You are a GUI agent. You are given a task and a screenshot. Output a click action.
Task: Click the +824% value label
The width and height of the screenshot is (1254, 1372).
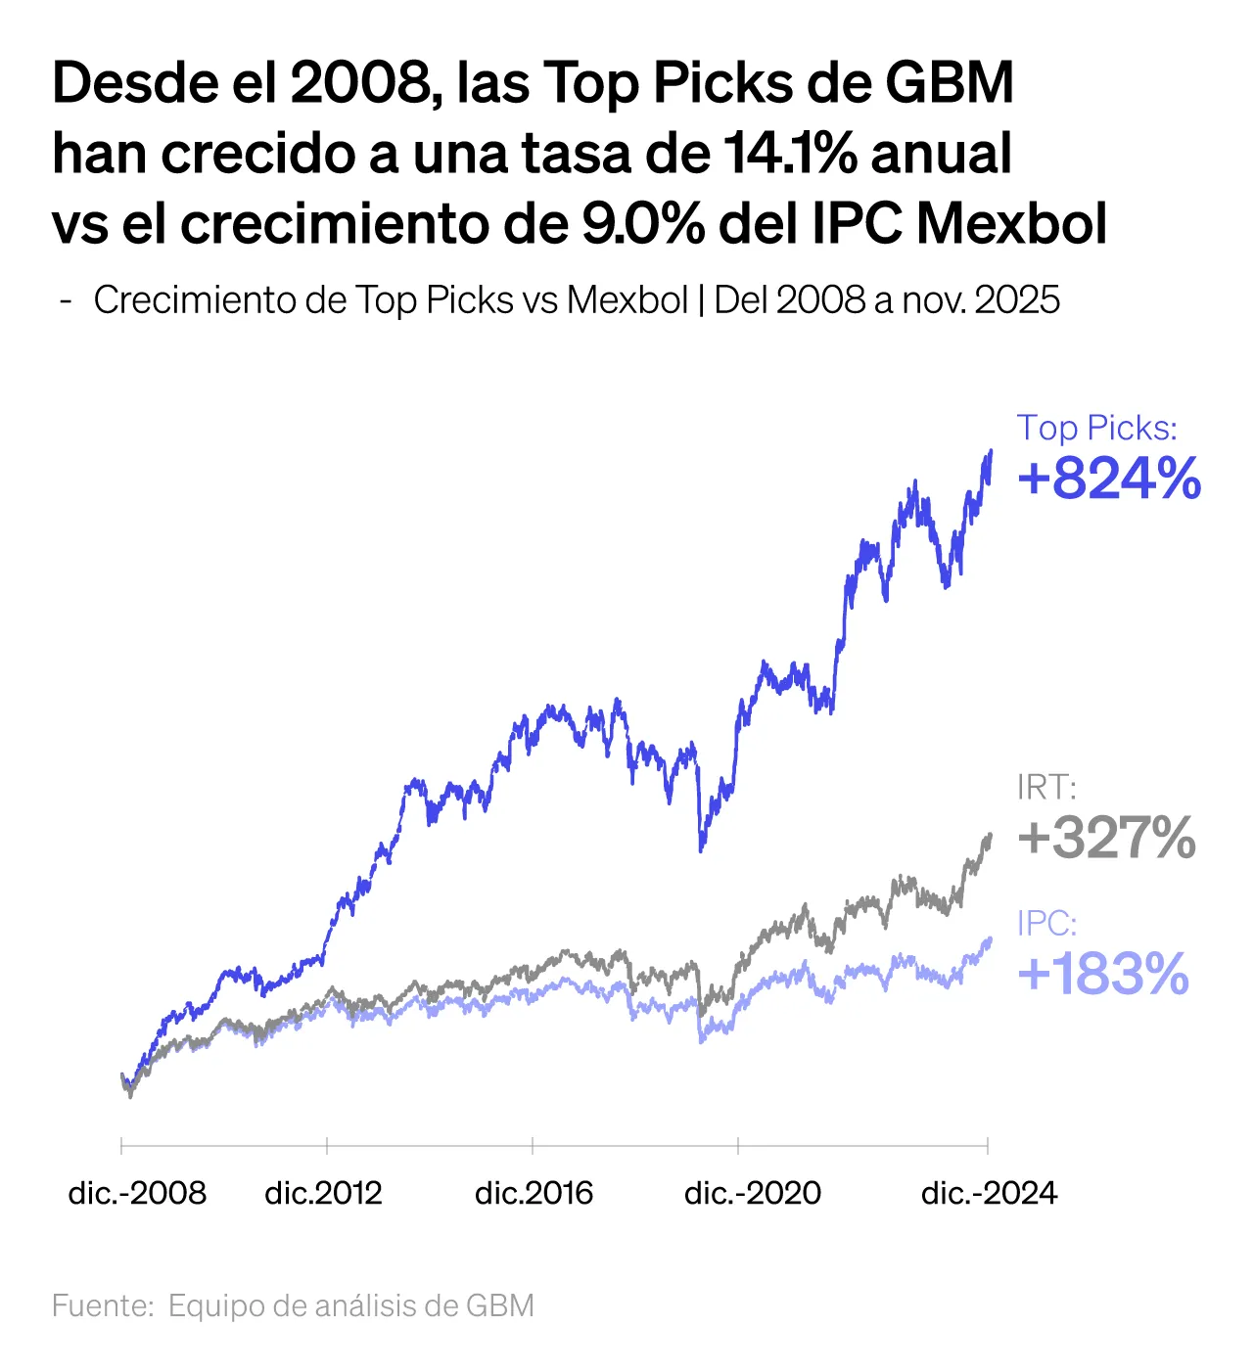click(1109, 480)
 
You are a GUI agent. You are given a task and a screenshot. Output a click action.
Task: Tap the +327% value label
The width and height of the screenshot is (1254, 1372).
click(1106, 839)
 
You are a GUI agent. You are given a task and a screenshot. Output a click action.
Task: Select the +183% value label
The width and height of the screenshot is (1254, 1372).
click(1103, 975)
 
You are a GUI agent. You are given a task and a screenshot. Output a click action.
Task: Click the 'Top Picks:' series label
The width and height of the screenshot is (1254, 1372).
click(1096, 428)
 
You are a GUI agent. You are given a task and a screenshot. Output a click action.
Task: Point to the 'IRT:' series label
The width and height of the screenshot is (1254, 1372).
click(1045, 788)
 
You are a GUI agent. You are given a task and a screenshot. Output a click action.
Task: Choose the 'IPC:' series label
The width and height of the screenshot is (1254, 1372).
click(1046, 924)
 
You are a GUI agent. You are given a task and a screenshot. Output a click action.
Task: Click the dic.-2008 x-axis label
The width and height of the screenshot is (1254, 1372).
click(137, 1193)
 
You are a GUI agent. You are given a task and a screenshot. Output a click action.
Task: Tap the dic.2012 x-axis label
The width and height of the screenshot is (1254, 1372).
click(323, 1193)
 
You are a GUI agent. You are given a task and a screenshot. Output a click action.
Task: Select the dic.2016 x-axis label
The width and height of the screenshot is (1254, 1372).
click(534, 1193)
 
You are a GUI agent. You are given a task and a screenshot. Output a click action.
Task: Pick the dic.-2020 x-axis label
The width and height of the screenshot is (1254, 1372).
click(752, 1193)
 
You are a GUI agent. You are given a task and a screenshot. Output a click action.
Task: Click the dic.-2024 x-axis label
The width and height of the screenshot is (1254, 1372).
click(989, 1193)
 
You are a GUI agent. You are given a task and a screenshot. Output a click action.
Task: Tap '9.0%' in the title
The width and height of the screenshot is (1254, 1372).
click(642, 225)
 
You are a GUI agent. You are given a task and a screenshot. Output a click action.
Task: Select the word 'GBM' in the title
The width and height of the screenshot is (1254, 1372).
click(950, 84)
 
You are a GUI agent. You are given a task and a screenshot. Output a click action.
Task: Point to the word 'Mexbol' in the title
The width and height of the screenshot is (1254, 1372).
click(1012, 225)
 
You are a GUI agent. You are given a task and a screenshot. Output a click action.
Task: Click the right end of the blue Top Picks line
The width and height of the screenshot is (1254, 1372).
click(991, 452)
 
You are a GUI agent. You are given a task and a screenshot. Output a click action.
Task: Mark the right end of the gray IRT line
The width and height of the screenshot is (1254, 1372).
click(991, 835)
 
